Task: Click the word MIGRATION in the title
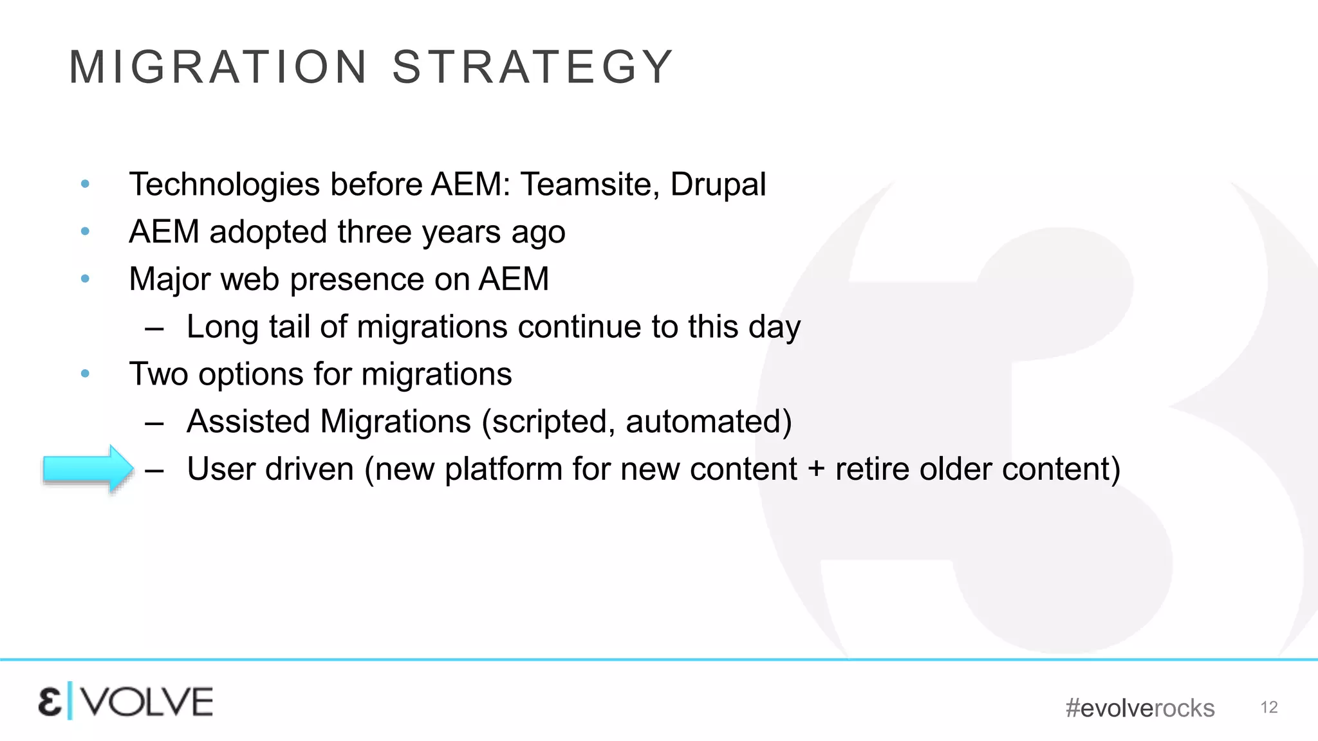coord(218,67)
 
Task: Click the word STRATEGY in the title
coord(532,67)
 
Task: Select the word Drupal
coord(718,185)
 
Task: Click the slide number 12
coord(1268,708)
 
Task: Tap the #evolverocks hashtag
coord(1140,708)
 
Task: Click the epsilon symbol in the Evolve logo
coord(50,702)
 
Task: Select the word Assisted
coord(248,422)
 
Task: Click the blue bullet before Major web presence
coord(85,279)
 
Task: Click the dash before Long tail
coord(154,327)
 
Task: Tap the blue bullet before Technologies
coord(85,185)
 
